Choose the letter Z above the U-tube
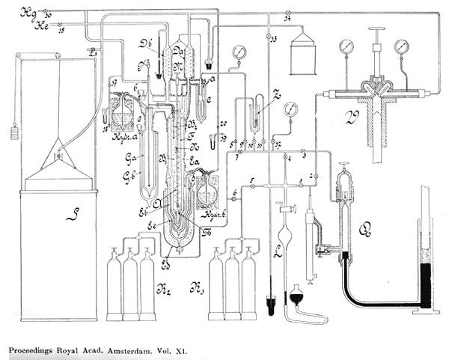[276, 95]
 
